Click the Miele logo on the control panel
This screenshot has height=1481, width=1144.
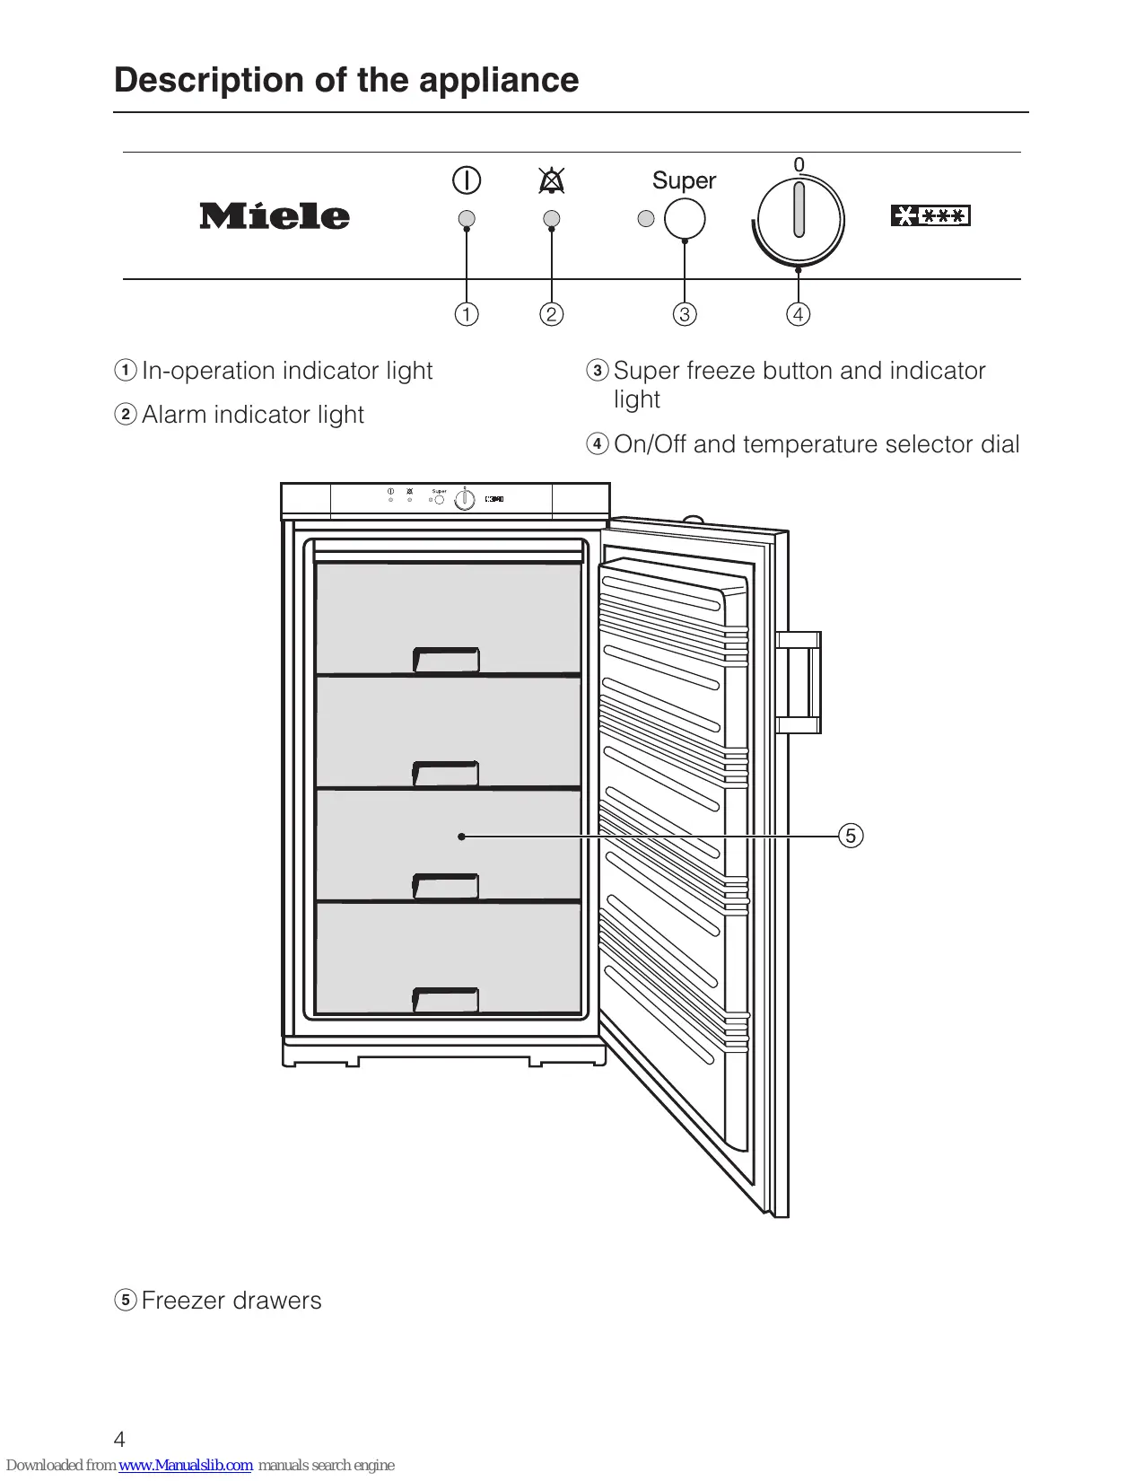pyautogui.click(x=274, y=216)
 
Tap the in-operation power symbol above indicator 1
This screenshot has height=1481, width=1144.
pyautogui.click(x=467, y=180)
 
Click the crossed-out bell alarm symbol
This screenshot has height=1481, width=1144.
pyautogui.click(x=552, y=181)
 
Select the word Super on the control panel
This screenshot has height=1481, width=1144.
pyautogui.click(x=684, y=180)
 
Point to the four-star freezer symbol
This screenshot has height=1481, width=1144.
pyautogui.click(x=930, y=215)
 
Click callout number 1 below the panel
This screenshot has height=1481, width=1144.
pyautogui.click(x=467, y=314)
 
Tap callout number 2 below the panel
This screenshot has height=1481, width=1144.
pyautogui.click(x=552, y=314)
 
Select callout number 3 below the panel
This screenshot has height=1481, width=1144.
pyautogui.click(x=685, y=314)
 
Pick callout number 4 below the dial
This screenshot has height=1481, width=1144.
pyautogui.click(x=798, y=314)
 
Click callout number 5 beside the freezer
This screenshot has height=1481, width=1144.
pyautogui.click(x=851, y=836)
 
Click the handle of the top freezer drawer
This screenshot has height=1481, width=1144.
pyautogui.click(x=446, y=660)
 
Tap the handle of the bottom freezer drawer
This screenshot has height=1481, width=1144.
pyautogui.click(x=445, y=1000)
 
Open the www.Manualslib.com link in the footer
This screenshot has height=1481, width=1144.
pyautogui.click(x=186, y=1465)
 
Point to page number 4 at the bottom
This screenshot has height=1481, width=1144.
pyautogui.click(x=119, y=1440)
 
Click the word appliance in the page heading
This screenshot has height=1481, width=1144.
pyautogui.click(x=498, y=81)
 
